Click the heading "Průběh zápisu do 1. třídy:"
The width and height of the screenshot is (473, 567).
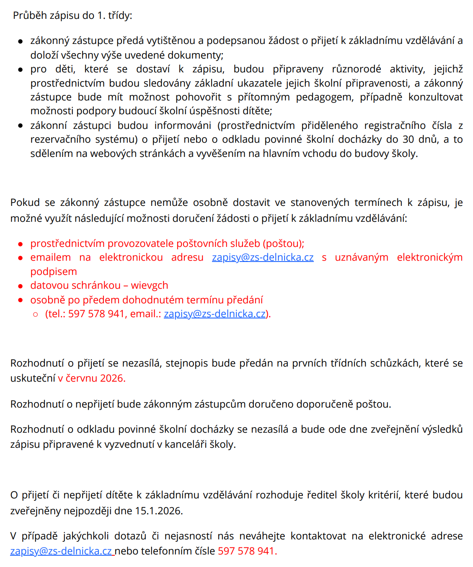[x=72, y=15]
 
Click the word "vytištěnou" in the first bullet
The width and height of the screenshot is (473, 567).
[x=165, y=41]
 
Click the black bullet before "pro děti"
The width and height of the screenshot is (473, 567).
[x=20, y=69]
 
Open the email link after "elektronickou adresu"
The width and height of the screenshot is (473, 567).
[x=263, y=257]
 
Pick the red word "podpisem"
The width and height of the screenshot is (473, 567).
[x=54, y=272]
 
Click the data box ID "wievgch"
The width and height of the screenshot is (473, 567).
[x=150, y=285]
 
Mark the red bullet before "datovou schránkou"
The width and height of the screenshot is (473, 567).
[x=20, y=286]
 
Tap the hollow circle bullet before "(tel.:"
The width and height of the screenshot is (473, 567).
[x=36, y=314]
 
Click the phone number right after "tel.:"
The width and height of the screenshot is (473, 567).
[x=96, y=314]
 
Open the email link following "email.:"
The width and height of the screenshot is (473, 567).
[x=215, y=314]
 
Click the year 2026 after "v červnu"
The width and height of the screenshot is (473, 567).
[x=112, y=378]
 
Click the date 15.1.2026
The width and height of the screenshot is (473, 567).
[x=158, y=511]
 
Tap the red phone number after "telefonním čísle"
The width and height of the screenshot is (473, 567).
[x=246, y=551]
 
